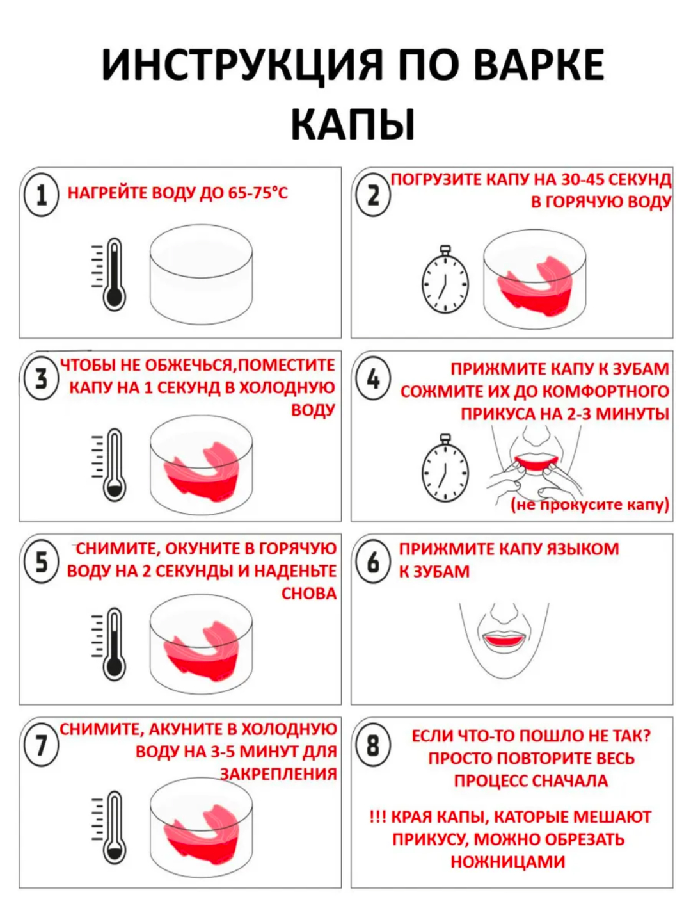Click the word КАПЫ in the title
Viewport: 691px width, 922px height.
[x=353, y=125]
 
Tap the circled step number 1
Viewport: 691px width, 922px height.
[x=41, y=195]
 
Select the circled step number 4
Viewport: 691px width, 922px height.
[x=373, y=379]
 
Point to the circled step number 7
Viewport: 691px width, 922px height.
[x=41, y=747]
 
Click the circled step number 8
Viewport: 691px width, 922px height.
[x=373, y=747]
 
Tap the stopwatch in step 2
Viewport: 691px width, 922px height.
[x=445, y=279]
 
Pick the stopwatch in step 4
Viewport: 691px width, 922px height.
[x=445, y=467]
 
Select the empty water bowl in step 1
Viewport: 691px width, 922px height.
[x=201, y=275]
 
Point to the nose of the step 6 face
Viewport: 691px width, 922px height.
[x=505, y=614]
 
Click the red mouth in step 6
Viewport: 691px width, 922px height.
[x=505, y=642]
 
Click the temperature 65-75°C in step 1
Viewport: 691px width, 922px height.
[x=258, y=193]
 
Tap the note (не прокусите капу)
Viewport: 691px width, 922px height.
[x=590, y=505]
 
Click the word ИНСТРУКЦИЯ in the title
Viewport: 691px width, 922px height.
[x=242, y=65]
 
